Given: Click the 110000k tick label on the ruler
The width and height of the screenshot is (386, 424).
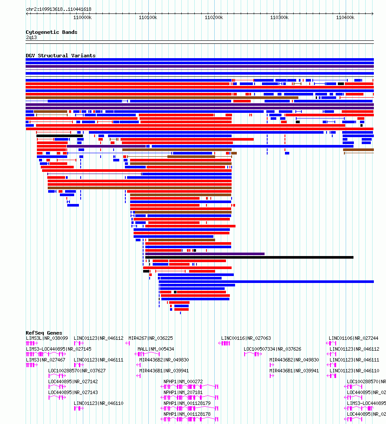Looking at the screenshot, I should pos(82,17).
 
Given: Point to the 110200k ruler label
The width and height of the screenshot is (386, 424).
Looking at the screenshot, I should pos(213,17).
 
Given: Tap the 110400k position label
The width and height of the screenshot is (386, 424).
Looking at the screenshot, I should pos(345,17).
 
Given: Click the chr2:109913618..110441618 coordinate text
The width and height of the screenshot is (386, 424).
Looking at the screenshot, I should pos(59,9).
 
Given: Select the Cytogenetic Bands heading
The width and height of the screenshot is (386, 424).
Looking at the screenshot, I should pos(51,32).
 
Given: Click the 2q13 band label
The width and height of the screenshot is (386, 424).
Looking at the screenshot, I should pos(31,37).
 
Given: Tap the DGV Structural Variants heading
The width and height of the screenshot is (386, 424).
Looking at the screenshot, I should pos(60,56).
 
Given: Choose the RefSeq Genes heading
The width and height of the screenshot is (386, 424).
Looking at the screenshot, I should pos(44,333).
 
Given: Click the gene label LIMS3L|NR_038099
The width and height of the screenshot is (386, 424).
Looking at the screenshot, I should pos(47,338).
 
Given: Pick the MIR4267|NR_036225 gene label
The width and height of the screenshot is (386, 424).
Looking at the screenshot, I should pos(150,338).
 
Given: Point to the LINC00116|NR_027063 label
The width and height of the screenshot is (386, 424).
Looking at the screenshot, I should pos(246,338).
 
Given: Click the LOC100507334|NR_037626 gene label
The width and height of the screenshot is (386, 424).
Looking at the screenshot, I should pos(272,349).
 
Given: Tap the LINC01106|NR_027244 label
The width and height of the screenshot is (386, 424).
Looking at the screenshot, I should pos(353,338).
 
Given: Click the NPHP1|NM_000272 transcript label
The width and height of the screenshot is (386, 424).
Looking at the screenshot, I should pos(183,381).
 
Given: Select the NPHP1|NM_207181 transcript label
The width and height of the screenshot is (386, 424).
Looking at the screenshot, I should pos(183,392).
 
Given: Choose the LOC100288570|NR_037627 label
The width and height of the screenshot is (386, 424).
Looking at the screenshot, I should pos(77,371).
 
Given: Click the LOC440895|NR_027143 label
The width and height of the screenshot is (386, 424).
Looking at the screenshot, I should pos(73,392).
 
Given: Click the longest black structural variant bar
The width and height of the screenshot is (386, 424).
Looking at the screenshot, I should pos(249,257).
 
